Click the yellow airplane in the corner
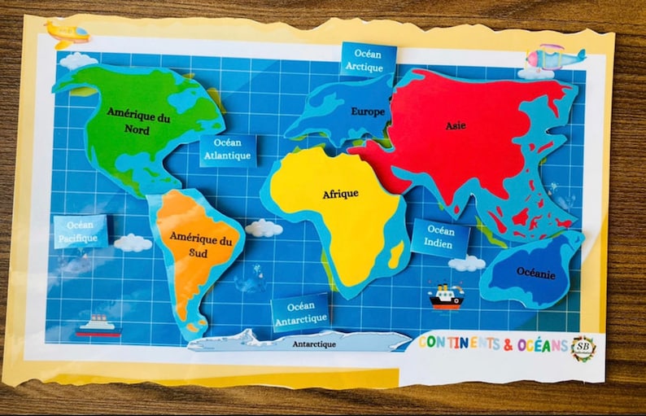point(68,33)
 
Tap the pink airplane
point(555,57)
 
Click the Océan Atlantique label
point(228,150)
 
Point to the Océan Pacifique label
point(81,231)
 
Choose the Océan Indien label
point(440,237)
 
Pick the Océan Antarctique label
point(300,313)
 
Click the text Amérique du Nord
point(137,123)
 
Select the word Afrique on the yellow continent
point(341,195)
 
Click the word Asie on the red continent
point(456,126)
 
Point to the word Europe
point(369,112)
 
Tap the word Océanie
point(536,274)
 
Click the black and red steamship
point(445,296)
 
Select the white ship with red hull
point(98,326)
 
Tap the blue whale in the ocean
point(250,282)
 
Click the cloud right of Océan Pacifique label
point(133,242)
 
